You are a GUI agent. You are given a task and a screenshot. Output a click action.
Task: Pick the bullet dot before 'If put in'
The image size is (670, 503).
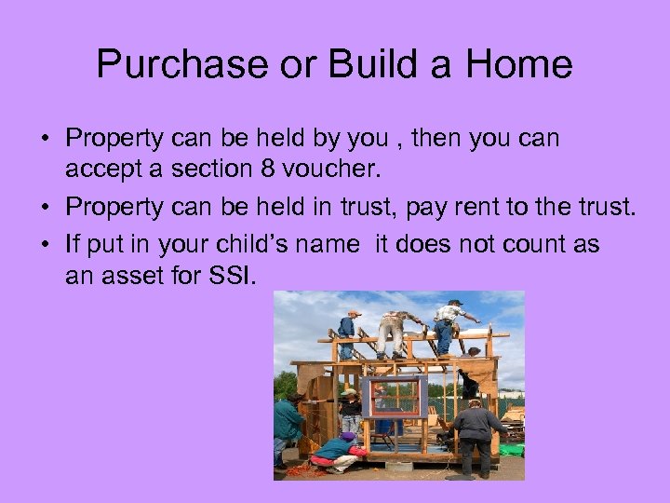tap(45, 245)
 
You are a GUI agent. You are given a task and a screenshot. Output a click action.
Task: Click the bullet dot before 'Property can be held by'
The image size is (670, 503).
tap(45, 139)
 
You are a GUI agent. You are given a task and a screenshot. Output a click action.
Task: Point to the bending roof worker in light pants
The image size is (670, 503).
tap(398, 331)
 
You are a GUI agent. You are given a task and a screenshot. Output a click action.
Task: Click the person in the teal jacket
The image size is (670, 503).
tap(288, 424)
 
